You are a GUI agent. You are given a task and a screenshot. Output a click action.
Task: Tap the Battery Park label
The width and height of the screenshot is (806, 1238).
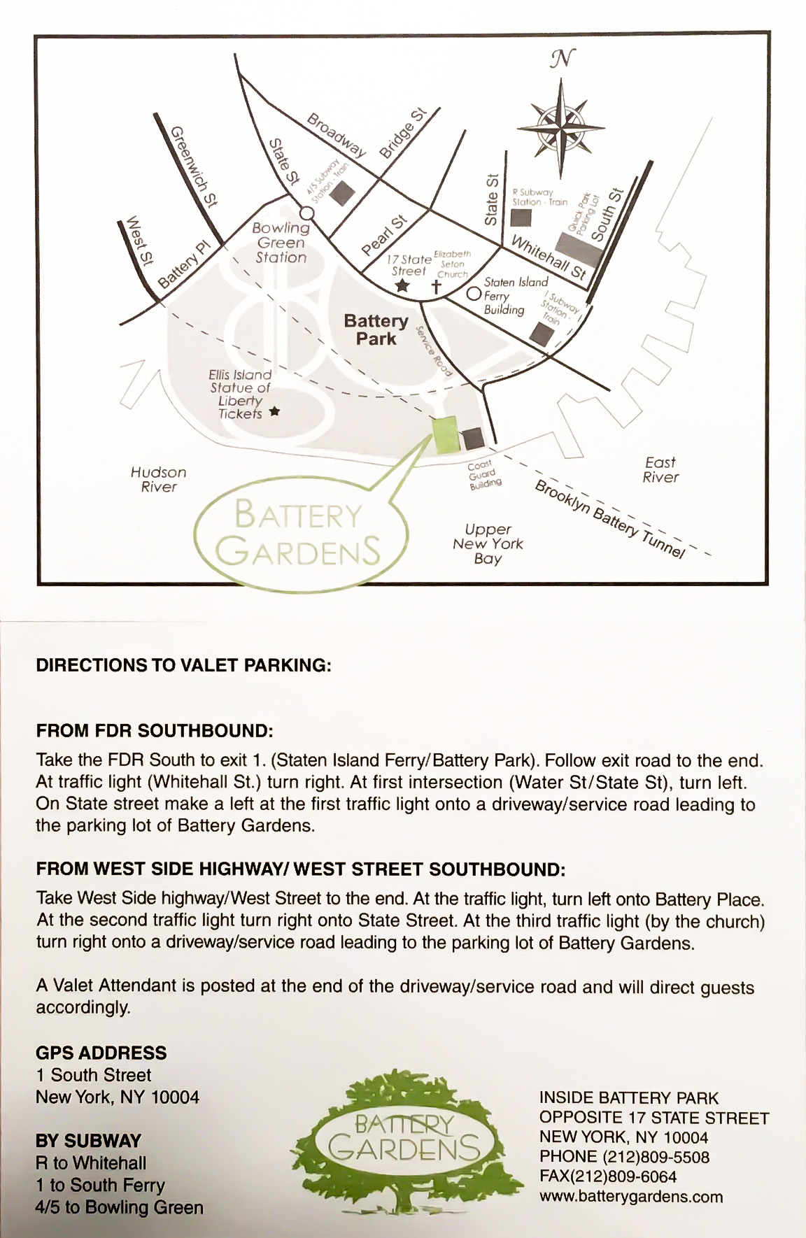pyautogui.click(x=376, y=329)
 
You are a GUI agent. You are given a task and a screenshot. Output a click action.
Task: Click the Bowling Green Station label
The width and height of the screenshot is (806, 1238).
pyautogui.click(x=281, y=243)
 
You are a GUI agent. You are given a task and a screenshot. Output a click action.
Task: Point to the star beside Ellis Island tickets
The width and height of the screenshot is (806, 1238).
pyautogui.click(x=274, y=412)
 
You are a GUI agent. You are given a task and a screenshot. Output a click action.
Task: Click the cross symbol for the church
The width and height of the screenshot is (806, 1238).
pyautogui.click(x=436, y=286)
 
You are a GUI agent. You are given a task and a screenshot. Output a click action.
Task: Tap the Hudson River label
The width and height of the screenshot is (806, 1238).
pyautogui.click(x=158, y=480)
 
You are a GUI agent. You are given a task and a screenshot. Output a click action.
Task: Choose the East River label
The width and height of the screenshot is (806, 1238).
pyautogui.click(x=660, y=470)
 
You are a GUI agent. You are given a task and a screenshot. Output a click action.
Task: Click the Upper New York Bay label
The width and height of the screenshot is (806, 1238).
pyautogui.click(x=488, y=543)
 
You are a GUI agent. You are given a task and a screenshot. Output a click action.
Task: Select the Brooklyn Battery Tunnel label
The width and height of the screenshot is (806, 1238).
pyautogui.click(x=609, y=519)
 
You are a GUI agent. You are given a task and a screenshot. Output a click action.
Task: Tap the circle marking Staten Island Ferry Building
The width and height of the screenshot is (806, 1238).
pyautogui.click(x=474, y=294)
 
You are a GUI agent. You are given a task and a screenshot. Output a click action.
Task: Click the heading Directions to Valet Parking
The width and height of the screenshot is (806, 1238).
pyautogui.click(x=183, y=665)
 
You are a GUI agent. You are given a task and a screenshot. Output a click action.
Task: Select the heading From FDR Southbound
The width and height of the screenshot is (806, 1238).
pyautogui.click(x=154, y=732)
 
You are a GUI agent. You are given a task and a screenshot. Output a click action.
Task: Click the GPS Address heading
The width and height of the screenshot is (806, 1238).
pyautogui.click(x=101, y=1053)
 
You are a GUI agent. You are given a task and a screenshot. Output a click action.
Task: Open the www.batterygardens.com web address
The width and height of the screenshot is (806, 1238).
pyautogui.click(x=631, y=1197)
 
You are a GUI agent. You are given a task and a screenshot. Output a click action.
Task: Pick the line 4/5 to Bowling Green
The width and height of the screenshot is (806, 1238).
pyautogui.click(x=120, y=1207)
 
